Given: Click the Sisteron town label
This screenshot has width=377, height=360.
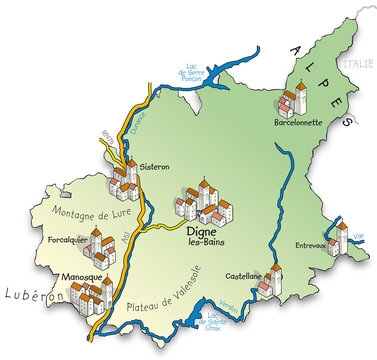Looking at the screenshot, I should click(156, 167).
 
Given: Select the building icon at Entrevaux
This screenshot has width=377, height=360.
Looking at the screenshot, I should click(339, 239).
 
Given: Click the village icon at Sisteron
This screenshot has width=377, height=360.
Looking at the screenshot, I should click(125, 179).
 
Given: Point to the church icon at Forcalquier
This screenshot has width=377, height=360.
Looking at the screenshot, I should click(101, 244).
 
